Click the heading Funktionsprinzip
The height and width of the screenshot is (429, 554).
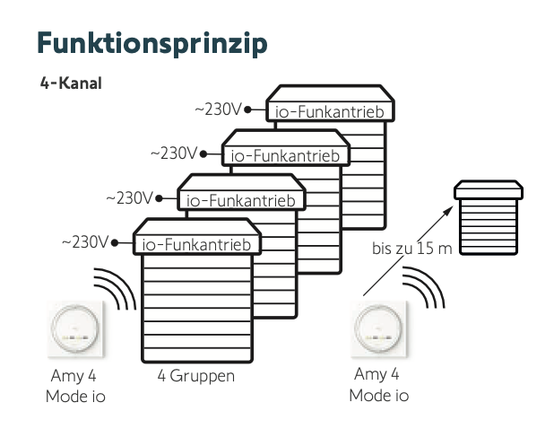(151, 43)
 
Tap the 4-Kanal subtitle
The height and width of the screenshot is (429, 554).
(71, 84)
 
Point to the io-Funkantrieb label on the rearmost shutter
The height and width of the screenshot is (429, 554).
(330, 111)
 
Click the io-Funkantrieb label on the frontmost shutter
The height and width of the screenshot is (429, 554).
(197, 243)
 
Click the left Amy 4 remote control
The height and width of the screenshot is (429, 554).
(75, 328)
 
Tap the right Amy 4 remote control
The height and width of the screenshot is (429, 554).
(377, 328)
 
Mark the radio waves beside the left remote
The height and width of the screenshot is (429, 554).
(117, 289)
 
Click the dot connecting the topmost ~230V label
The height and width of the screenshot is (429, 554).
(247, 110)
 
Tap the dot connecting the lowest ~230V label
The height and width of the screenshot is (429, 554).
(114, 242)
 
